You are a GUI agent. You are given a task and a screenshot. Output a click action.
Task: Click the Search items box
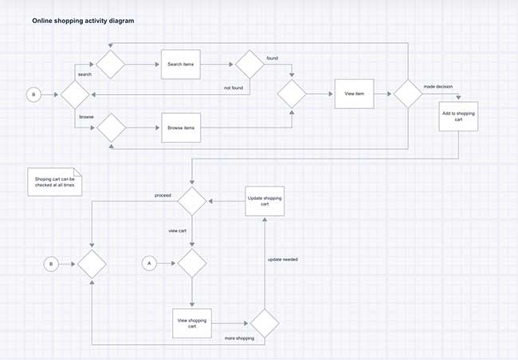tap(179, 64)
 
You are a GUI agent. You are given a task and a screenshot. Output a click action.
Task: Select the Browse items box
tap(179, 127)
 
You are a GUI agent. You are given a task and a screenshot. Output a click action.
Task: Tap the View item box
tap(354, 94)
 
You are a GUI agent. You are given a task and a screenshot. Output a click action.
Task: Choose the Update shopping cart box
tap(265, 200)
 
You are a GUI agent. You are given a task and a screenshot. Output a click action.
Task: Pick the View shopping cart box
tap(192, 322)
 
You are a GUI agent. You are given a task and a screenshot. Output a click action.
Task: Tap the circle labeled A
tap(147, 262)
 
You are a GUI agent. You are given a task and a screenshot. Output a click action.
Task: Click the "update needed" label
tap(284, 260)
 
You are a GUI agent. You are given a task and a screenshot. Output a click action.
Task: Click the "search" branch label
tap(84, 74)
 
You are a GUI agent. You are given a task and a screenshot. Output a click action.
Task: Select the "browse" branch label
tap(86, 116)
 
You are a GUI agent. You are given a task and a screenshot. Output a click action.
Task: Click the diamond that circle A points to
tap(192, 262)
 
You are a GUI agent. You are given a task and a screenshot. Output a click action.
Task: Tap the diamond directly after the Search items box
tap(248, 64)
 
